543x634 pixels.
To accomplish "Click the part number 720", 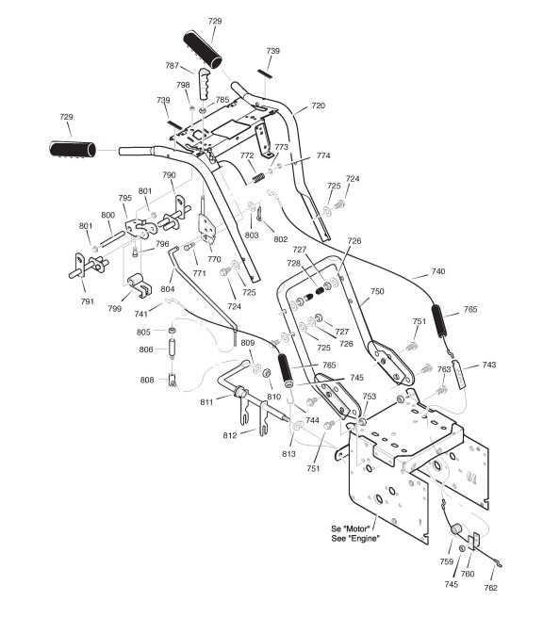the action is (x=318, y=106).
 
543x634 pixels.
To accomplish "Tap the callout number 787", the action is (x=172, y=66).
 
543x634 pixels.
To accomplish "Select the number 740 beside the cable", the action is (x=438, y=271).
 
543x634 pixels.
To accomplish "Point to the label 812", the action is (x=230, y=435).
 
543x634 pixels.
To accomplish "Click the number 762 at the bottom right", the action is (x=490, y=588).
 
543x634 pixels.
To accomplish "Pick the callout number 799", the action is (x=114, y=308).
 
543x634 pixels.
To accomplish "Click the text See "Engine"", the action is (x=355, y=539).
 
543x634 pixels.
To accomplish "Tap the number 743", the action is (x=488, y=365).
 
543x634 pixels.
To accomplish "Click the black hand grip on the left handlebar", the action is (x=73, y=149).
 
